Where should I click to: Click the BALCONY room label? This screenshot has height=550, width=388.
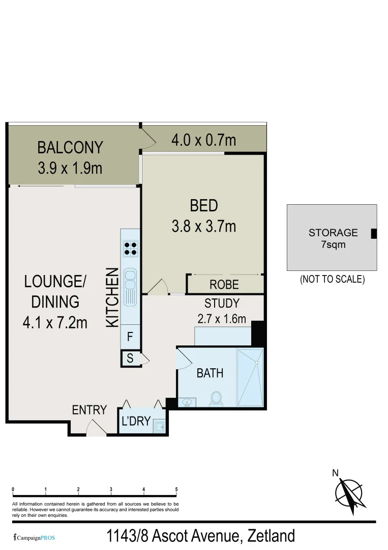tap(70, 148)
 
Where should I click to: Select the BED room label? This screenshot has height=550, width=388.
tap(204, 206)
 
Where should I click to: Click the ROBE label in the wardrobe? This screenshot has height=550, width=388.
tap(224, 285)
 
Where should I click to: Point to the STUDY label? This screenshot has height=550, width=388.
tap(222, 304)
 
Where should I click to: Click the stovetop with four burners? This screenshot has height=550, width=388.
tap(130, 248)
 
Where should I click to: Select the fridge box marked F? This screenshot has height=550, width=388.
tap(130, 337)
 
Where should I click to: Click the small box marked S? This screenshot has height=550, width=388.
tap(130, 359)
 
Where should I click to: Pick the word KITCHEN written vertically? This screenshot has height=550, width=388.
tap(112, 298)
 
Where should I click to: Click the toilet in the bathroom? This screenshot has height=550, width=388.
tap(216, 399)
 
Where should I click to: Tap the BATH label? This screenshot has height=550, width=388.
tap(210, 373)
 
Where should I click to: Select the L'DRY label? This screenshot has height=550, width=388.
tap(136, 422)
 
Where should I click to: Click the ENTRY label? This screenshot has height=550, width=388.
tap(89, 410)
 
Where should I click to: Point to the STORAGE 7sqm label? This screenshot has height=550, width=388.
tap(333, 238)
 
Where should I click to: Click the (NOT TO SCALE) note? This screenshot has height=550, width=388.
tap(332, 279)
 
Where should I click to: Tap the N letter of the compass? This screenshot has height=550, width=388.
tap(335, 473)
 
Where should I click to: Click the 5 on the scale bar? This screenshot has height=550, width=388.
tap(176, 489)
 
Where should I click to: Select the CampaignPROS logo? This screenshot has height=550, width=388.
tap(34, 537)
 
